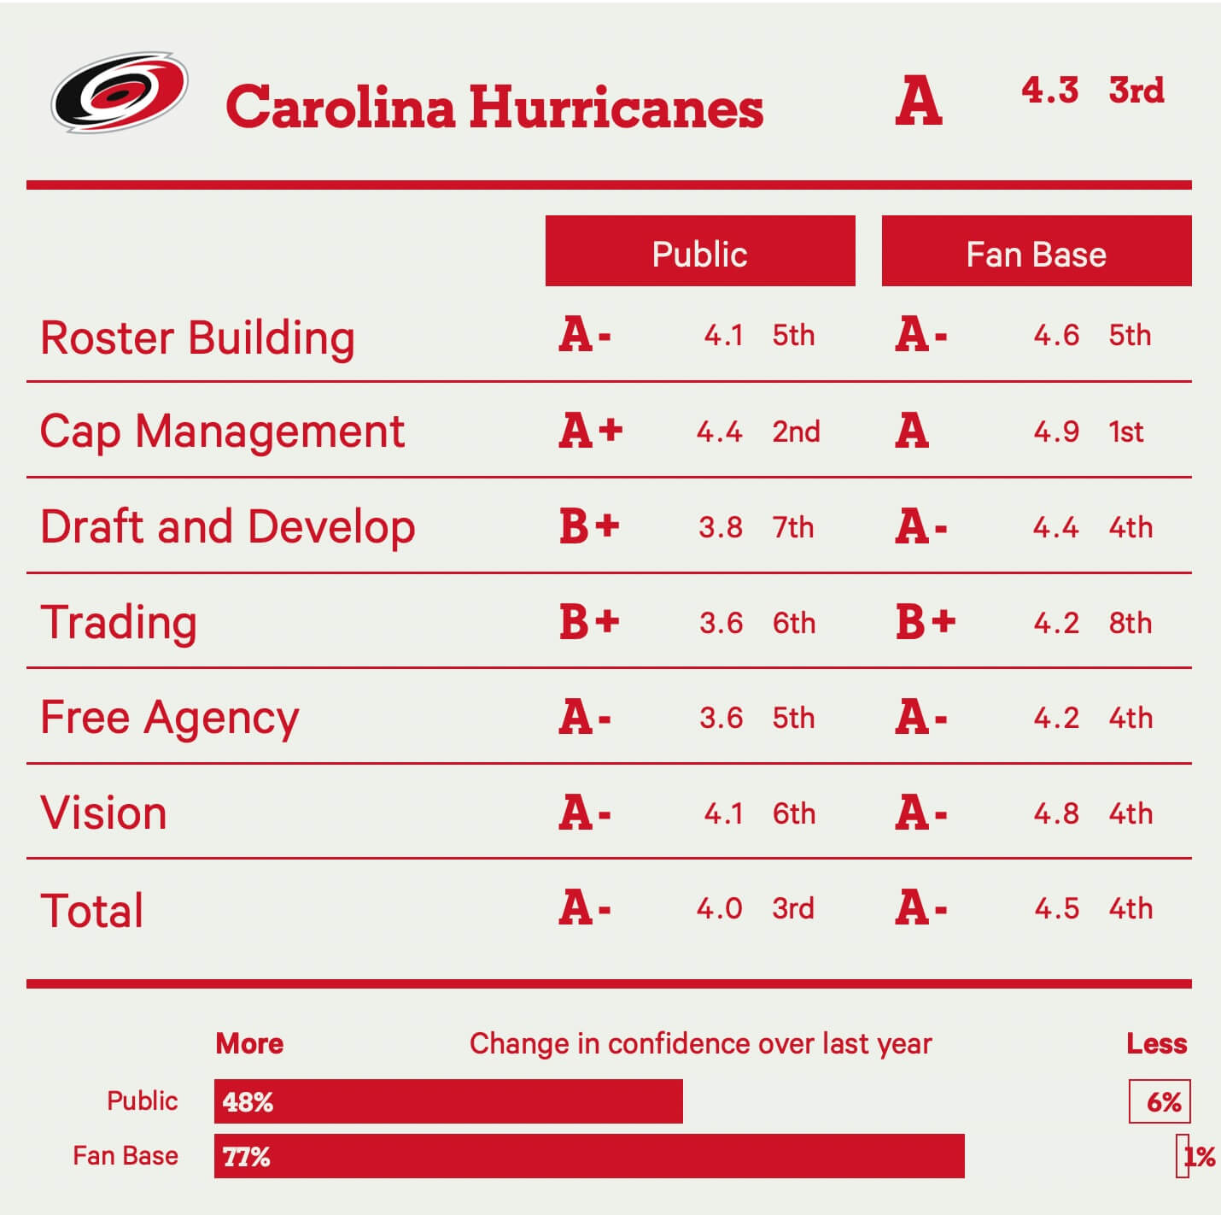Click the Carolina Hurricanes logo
click(x=120, y=91)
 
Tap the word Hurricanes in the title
click(x=616, y=108)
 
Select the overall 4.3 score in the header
click(x=1049, y=90)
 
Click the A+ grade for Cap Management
click(x=591, y=431)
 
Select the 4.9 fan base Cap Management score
click(x=1056, y=431)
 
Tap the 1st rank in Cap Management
click(x=1126, y=431)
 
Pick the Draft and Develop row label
click(x=227, y=526)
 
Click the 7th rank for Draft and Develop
click(x=793, y=527)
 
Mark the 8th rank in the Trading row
click(x=1130, y=623)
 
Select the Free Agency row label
click(x=170, y=718)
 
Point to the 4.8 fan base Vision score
click(x=1056, y=813)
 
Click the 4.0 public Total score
click(x=719, y=908)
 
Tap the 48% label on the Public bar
click(x=248, y=1102)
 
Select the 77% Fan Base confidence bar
click(x=589, y=1156)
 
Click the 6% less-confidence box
click(x=1160, y=1101)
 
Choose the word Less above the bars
click(x=1156, y=1043)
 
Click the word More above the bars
click(x=249, y=1043)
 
